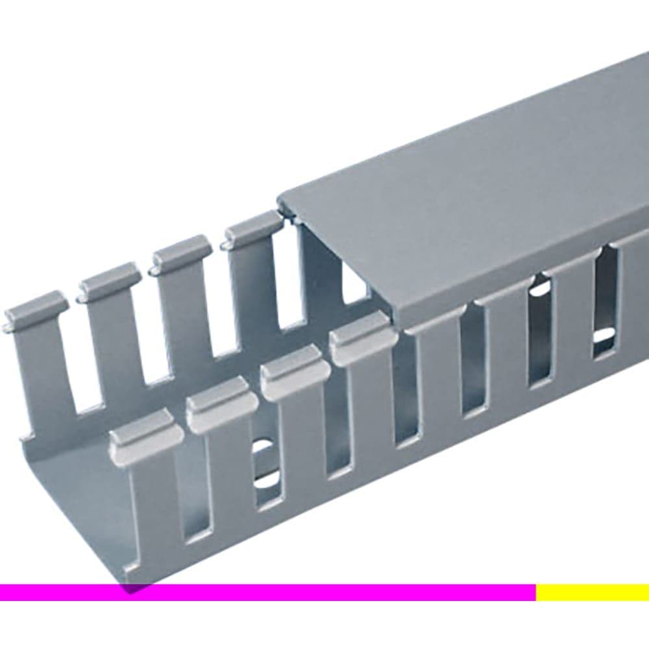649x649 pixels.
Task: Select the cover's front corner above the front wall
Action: (397, 321)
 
